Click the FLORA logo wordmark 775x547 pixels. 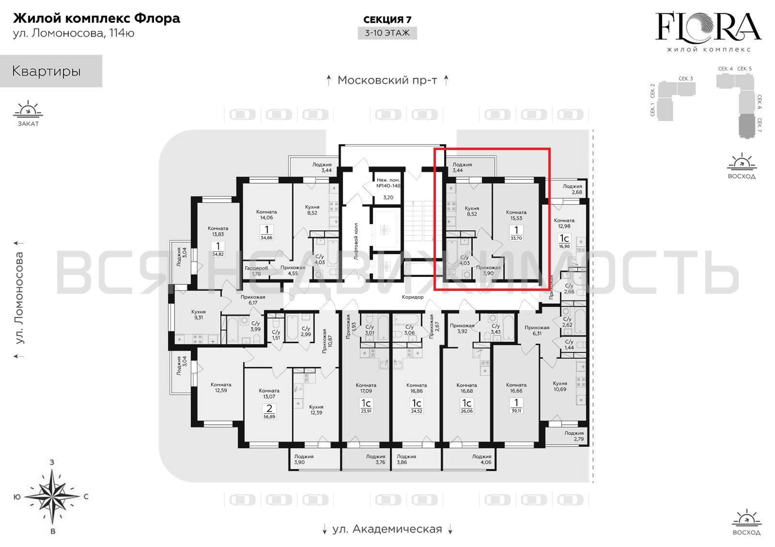pyautogui.click(x=709, y=27)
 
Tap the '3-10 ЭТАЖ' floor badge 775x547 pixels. pyautogui.click(x=387, y=33)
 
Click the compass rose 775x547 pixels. pyautogui.click(x=52, y=497)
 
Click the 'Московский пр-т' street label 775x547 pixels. pyautogui.click(x=387, y=80)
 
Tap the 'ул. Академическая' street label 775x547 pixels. pyautogui.click(x=387, y=529)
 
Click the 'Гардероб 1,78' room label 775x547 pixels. pyautogui.click(x=256, y=271)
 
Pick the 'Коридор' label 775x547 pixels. pyautogui.click(x=412, y=297)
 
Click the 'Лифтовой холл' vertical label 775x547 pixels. pyautogui.click(x=356, y=241)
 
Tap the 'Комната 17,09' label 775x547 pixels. pyautogui.click(x=366, y=388)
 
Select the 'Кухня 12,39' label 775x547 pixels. pyautogui.click(x=316, y=410)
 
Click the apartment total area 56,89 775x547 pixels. pyautogui.click(x=269, y=417)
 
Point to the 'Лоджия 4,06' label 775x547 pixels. pyautogui.click(x=482, y=459)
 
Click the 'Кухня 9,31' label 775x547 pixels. pyautogui.click(x=198, y=315)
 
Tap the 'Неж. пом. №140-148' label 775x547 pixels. pyautogui.click(x=388, y=182)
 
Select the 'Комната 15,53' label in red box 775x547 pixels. pyautogui.click(x=516, y=215)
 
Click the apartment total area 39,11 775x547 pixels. pyautogui.click(x=516, y=411)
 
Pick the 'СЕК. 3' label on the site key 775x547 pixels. pyautogui.click(x=686, y=78)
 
